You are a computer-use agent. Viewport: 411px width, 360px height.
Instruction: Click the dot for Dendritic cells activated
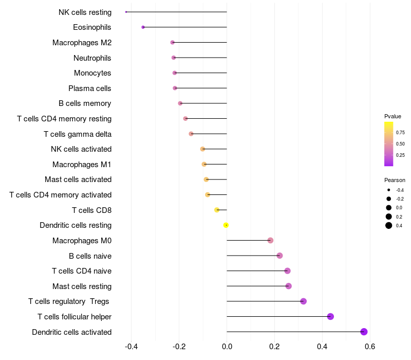[x=364, y=332]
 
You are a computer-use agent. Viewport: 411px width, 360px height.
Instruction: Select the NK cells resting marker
[x=126, y=12]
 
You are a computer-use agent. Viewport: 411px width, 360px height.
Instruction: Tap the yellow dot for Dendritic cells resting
[x=226, y=225]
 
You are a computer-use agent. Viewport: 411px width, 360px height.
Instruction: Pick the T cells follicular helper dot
[x=330, y=316]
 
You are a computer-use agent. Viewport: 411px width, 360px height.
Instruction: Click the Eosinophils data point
[x=143, y=27]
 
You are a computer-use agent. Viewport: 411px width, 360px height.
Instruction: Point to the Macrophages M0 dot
[x=270, y=240]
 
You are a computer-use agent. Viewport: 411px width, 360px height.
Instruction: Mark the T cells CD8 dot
[x=217, y=210]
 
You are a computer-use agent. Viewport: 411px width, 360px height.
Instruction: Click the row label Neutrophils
[x=92, y=58]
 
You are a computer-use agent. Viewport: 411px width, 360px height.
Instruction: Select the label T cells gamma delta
[x=78, y=134]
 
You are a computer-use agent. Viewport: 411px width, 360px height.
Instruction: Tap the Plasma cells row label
[x=89, y=88]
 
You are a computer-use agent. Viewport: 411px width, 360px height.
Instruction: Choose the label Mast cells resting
[x=82, y=286]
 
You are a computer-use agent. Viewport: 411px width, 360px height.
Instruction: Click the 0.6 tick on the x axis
[x=370, y=347]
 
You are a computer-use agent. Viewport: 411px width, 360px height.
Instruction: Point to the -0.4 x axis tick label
[x=132, y=347]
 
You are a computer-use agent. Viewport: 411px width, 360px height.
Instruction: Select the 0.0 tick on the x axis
[x=227, y=347]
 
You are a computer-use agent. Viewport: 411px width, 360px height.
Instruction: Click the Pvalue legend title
[x=393, y=116]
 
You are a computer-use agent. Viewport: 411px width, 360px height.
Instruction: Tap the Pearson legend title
[x=395, y=181]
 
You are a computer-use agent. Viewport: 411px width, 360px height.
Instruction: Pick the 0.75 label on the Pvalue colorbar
[x=400, y=133]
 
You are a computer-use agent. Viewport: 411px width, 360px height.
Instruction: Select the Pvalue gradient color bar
[x=389, y=144]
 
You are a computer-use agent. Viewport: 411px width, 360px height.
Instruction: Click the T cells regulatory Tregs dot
[x=303, y=301]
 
